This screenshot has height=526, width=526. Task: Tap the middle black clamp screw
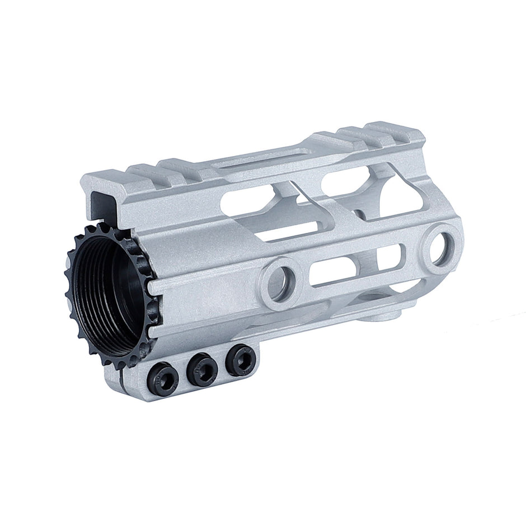pos(201,370)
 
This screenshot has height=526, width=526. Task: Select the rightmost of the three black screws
pos(240,361)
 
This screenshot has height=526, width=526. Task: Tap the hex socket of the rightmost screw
pos(241,361)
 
